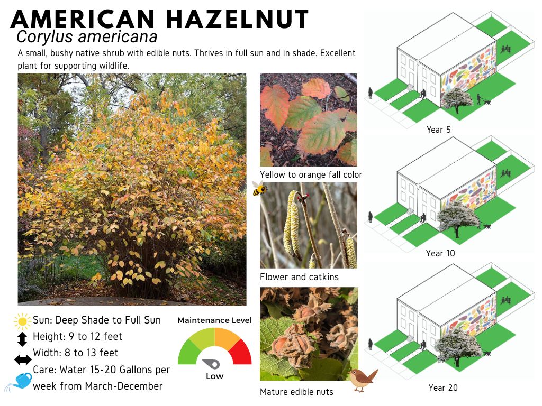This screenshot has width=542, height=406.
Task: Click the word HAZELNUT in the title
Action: [x=238, y=19]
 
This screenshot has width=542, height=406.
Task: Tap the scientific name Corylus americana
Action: [x=87, y=37]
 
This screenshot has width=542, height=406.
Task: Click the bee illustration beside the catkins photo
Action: [x=259, y=188]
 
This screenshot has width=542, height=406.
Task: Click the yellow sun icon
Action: [x=22, y=321]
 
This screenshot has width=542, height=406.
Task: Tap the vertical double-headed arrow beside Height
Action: [x=22, y=339]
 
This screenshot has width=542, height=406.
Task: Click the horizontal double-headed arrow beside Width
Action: [x=23, y=360]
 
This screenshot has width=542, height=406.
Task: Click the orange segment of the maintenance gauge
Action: [x=227, y=337]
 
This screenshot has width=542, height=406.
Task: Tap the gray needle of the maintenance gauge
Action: [x=211, y=364]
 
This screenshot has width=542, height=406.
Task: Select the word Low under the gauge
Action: [x=215, y=376]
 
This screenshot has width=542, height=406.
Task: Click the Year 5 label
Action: [x=439, y=130]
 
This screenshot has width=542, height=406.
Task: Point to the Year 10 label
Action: [x=440, y=253]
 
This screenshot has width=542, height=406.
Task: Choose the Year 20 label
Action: [x=443, y=387]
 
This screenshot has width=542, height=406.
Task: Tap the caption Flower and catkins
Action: [x=300, y=277]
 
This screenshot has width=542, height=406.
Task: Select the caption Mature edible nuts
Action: [x=296, y=392]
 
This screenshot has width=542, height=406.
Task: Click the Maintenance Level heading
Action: [x=215, y=320]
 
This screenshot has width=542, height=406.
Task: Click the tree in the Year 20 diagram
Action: [x=458, y=346]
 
